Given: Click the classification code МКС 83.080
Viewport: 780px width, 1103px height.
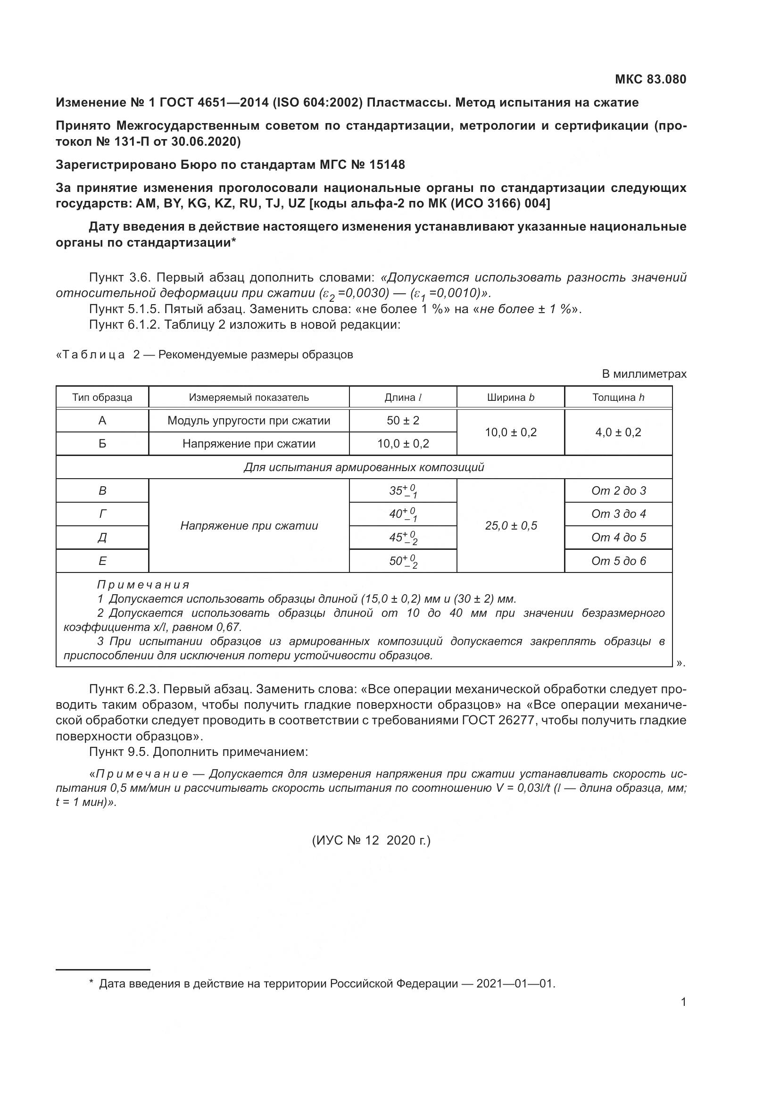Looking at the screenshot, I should (x=650, y=79).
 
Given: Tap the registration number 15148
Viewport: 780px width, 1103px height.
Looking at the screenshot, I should (x=387, y=165).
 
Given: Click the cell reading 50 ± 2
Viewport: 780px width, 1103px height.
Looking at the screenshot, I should (x=402, y=420).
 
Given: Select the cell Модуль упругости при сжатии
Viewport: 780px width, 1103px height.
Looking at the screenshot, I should (x=249, y=420).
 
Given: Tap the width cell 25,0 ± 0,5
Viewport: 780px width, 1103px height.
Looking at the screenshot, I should (x=511, y=525).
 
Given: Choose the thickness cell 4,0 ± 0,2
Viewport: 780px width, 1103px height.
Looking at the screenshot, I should (x=618, y=432).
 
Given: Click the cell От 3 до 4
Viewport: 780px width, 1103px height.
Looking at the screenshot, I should (x=618, y=514).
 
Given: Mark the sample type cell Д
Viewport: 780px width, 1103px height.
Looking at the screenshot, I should (x=102, y=537).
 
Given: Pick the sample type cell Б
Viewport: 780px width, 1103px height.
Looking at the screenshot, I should (x=102, y=443).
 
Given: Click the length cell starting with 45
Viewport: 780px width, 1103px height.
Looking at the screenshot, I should (x=402, y=538).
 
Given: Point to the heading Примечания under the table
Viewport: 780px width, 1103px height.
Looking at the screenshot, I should (x=143, y=585).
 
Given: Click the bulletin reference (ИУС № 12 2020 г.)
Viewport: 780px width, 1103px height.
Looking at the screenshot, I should (x=371, y=840).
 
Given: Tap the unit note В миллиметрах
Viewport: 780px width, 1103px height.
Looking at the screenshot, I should (x=644, y=374).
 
